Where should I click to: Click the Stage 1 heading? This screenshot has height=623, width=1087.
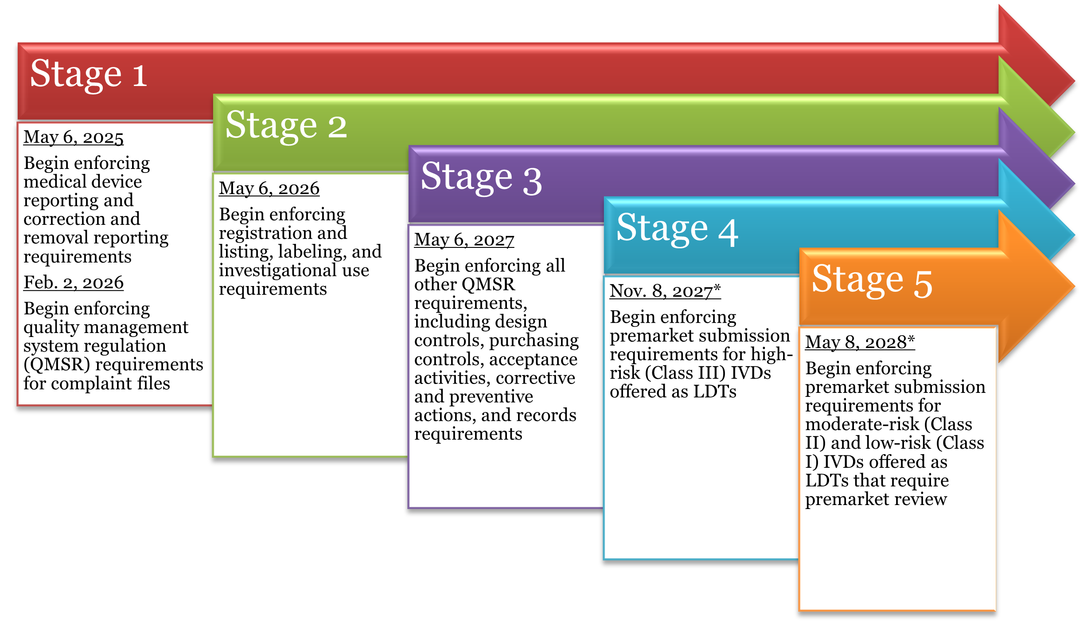click(x=89, y=74)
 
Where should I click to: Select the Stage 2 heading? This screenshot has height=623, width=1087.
click(x=286, y=126)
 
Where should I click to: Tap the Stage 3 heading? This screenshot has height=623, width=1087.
click(x=481, y=177)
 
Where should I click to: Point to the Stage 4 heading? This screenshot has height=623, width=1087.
click(x=677, y=229)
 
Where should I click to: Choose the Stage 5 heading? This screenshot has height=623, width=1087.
click(x=872, y=280)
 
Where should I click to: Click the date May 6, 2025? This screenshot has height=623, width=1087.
click(x=74, y=137)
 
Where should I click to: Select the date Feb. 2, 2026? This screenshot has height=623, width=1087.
click(x=74, y=282)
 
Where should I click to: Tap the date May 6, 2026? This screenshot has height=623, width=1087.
click(x=269, y=188)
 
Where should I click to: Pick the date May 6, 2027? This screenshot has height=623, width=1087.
click(x=464, y=240)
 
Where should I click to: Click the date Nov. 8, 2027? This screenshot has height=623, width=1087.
click(x=665, y=291)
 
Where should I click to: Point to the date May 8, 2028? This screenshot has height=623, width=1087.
click(x=859, y=342)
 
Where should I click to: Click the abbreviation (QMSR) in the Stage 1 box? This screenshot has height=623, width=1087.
click(x=57, y=364)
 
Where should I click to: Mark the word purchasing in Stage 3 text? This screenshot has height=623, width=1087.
click(x=534, y=341)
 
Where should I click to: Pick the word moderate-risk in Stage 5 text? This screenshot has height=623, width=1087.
click(x=862, y=424)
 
